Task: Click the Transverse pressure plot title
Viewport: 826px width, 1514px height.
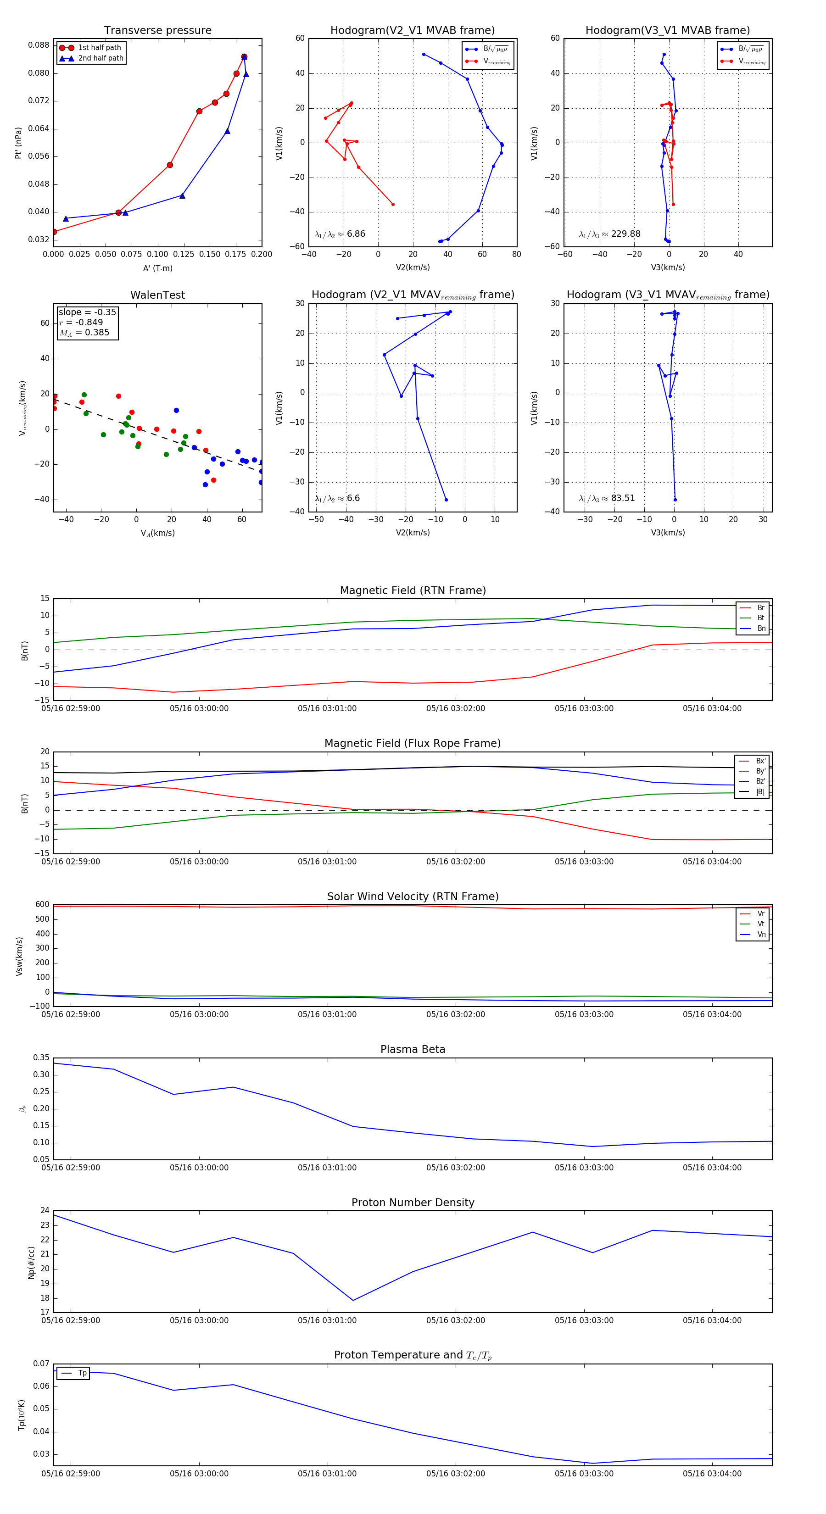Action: (x=157, y=31)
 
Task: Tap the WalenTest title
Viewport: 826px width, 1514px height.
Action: (x=157, y=295)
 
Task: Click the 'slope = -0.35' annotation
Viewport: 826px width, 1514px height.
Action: (x=87, y=312)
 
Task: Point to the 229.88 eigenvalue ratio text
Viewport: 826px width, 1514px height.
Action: (x=625, y=234)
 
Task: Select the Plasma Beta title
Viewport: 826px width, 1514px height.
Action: (x=413, y=1050)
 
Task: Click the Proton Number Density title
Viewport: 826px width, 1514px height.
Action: (x=413, y=1202)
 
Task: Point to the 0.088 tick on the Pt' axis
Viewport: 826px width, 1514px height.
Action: (x=39, y=45)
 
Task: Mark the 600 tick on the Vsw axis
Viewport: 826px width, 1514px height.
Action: (x=42, y=905)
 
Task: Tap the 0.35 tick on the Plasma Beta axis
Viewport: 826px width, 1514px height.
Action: (x=41, y=1058)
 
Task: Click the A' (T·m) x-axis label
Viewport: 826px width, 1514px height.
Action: (x=157, y=268)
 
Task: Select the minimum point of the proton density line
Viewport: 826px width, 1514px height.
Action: (x=353, y=1301)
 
